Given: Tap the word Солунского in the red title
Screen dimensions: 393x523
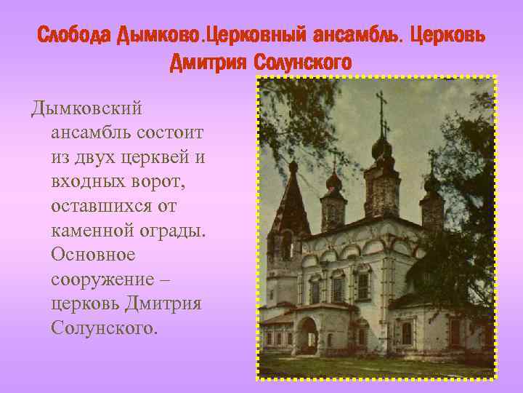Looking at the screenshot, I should (x=302, y=63).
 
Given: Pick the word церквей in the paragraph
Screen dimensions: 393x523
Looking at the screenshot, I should (x=165, y=157).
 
